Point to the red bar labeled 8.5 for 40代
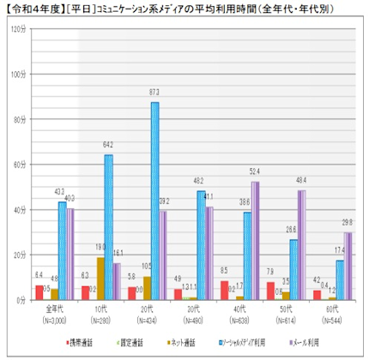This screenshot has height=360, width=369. point(224,291)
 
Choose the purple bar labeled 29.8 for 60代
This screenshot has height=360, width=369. point(348,267)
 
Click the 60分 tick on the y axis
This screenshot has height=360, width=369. point(20,165)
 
